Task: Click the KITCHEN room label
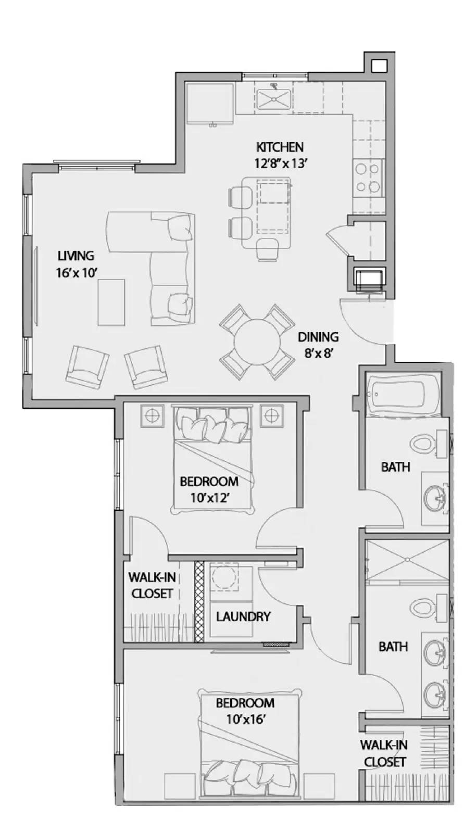pyautogui.click(x=279, y=147)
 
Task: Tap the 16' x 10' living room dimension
pyautogui.click(x=77, y=272)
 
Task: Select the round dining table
pyautogui.click(x=255, y=343)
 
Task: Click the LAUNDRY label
pyautogui.click(x=243, y=616)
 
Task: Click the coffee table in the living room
pyautogui.click(x=111, y=302)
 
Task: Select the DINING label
pyautogui.click(x=318, y=337)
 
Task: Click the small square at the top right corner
pyautogui.click(x=379, y=66)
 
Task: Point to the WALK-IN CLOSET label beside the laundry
pyautogui.click(x=152, y=585)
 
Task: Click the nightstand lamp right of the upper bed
pyautogui.click(x=270, y=415)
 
